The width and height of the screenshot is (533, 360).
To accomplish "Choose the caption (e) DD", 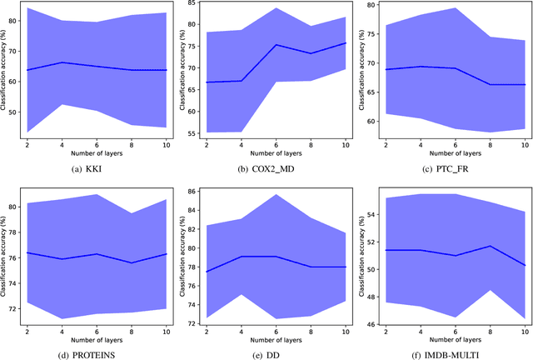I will click(x=271, y=352).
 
